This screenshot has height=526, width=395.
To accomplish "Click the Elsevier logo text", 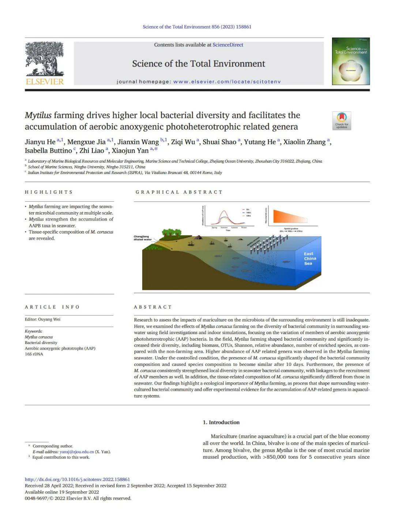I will tap(45, 82).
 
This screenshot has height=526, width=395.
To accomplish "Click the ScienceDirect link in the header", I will tap(228, 45).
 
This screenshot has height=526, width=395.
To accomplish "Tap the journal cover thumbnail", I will tap(351, 61).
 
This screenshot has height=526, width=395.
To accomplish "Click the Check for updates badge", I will tap(342, 121).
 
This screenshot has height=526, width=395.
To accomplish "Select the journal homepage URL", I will tap(227, 82).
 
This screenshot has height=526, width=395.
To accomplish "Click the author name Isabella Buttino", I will tap(48, 151).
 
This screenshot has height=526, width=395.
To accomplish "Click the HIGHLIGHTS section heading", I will tap(49, 192).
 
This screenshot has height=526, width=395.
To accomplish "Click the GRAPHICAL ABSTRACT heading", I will tap(179, 192).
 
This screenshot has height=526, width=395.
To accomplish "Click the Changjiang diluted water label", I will tap(142, 238).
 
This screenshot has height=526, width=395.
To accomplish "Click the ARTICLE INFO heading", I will tap(52, 307).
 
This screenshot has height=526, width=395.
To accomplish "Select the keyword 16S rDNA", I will tap(34, 354).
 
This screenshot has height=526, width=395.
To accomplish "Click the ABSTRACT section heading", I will tap(153, 307).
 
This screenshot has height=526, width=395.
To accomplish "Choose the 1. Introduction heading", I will tap(221, 422).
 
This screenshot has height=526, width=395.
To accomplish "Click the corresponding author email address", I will tap(76, 452).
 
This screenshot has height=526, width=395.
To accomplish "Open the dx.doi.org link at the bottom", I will tap(77, 479).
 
